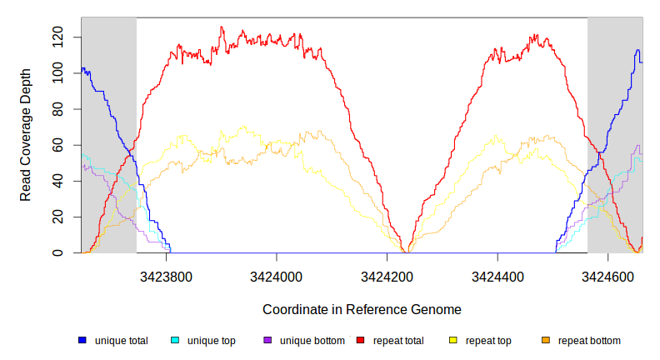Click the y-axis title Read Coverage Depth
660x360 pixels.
click(x=26, y=136)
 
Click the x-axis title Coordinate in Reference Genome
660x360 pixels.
click(x=362, y=309)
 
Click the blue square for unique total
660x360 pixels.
click(x=82, y=341)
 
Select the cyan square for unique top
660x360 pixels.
click(x=175, y=341)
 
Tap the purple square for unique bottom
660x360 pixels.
click(x=267, y=341)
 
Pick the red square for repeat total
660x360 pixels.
click(x=360, y=341)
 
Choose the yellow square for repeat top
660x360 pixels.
click(x=453, y=341)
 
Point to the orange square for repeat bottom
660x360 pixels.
click(x=546, y=341)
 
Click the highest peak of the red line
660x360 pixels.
click(x=221, y=27)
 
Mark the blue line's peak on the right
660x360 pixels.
click(x=637, y=50)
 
